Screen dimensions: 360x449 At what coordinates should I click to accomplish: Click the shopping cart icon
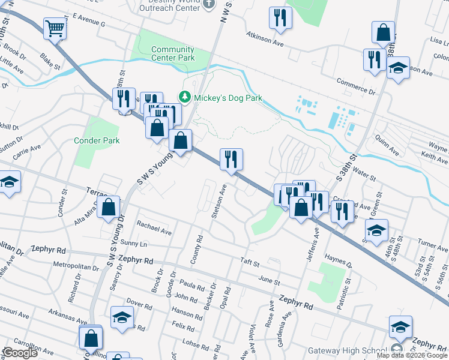coord(55,28)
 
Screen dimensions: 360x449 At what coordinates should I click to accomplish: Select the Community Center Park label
coord(173,54)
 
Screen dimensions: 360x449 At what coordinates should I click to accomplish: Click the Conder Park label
coord(97,140)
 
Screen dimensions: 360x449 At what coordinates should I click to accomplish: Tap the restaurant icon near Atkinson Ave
coord(280,18)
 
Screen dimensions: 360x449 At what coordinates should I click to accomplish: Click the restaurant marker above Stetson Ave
coord(231,159)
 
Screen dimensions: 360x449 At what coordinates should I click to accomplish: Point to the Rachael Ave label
coord(154,228)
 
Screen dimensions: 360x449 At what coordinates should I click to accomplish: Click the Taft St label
coord(249,263)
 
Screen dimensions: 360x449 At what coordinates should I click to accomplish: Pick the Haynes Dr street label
coord(337,259)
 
